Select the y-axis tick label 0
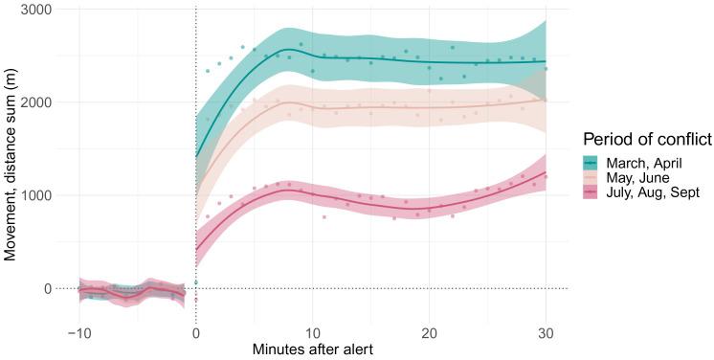[46, 288]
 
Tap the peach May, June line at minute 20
[429, 106]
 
